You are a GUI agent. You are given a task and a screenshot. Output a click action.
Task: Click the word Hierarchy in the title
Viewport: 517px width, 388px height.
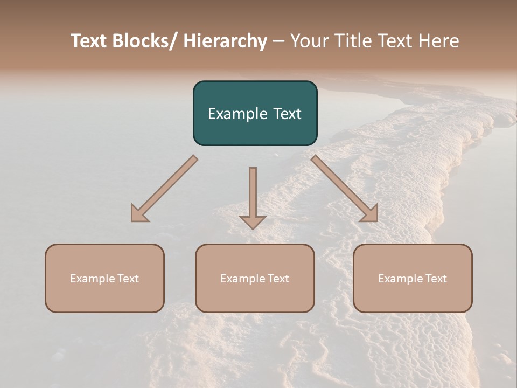pos(225,41)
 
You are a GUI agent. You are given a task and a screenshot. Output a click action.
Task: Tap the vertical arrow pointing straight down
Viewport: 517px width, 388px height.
pos(253,189)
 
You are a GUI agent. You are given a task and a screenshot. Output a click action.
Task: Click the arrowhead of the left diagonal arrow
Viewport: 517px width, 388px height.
pos(139,214)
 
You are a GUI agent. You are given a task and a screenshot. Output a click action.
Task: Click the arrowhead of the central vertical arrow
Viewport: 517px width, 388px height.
pos(253,221)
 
